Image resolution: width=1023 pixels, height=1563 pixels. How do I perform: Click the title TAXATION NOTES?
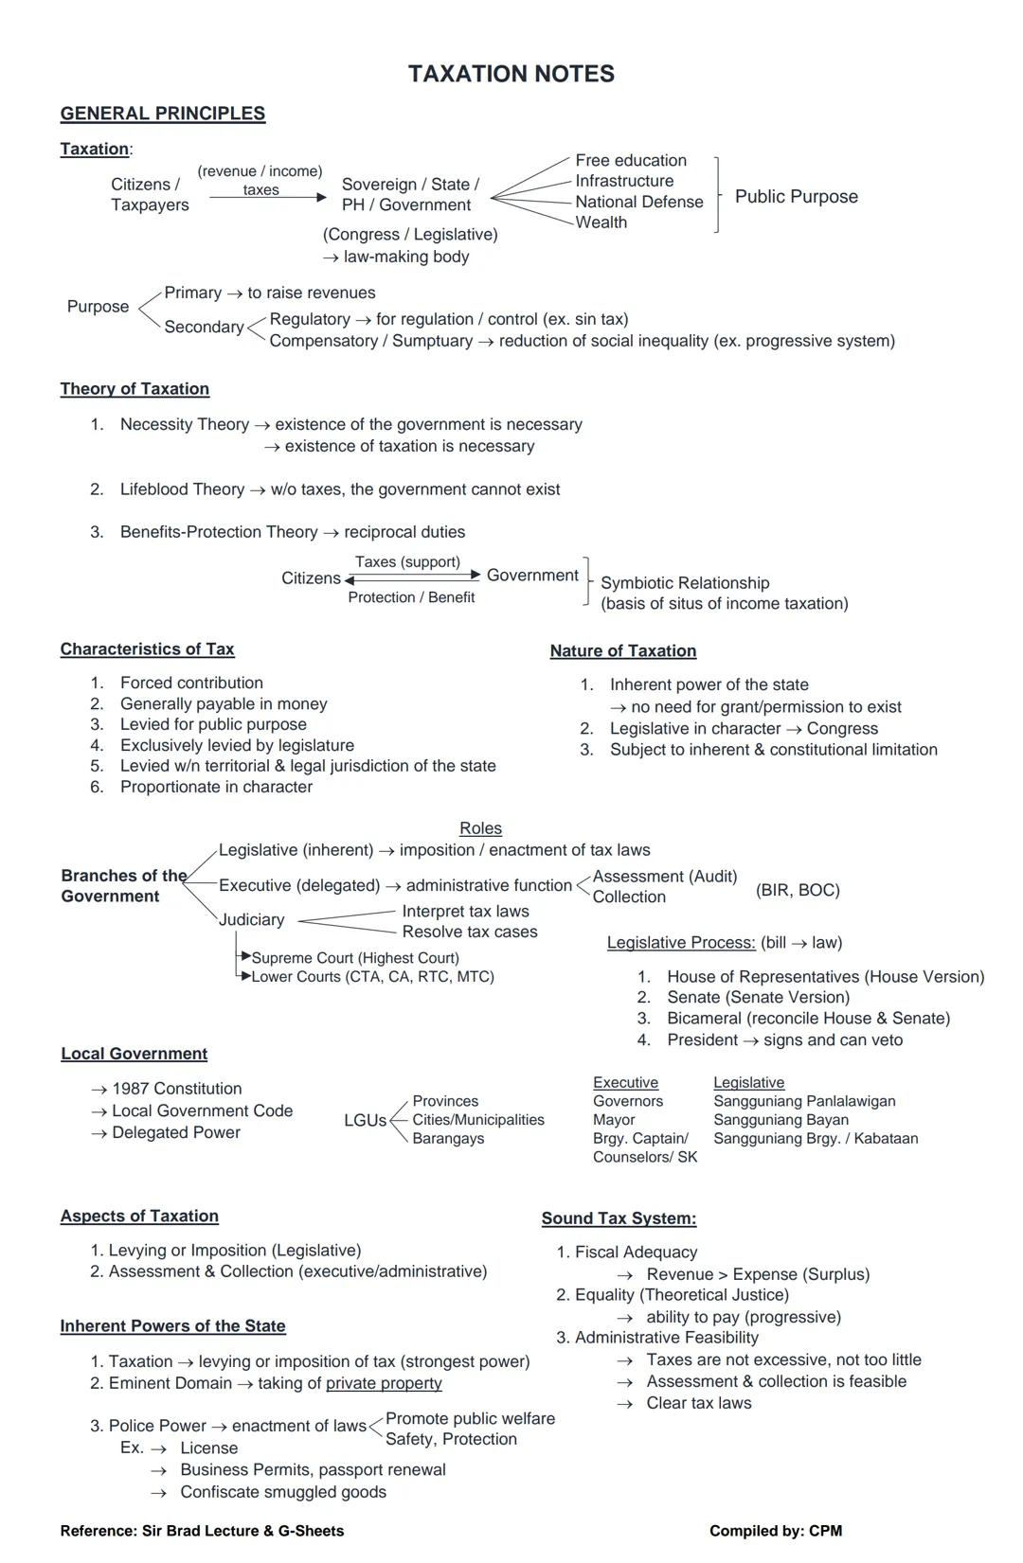[511, 74]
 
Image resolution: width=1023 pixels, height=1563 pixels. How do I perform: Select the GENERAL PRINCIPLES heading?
[162, 114]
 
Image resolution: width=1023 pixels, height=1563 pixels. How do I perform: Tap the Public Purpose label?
[796, 197]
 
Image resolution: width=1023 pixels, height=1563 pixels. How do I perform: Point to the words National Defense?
[639, 202]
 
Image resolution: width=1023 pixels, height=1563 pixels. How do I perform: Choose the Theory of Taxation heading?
[135, 389]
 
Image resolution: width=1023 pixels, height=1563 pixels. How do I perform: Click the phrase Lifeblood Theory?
[182, 489]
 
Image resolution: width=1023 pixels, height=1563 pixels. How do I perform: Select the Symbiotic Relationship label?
[685, 583]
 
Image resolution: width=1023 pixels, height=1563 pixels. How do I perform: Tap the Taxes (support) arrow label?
[407, 562]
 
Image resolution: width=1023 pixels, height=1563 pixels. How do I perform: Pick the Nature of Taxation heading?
[623, 651]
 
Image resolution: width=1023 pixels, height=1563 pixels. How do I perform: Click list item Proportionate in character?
[216, 787]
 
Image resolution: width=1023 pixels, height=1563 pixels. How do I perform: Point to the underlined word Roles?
[480, 828]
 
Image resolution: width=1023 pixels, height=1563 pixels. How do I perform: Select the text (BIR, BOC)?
[798, 890]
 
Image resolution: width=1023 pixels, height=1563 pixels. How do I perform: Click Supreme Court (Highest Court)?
[355, 958]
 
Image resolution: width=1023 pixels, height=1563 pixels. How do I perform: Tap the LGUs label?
[365, 1120]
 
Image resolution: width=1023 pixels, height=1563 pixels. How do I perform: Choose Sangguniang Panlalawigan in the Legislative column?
[804, 1101]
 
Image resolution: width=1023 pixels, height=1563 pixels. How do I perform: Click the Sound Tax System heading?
[619, 1218]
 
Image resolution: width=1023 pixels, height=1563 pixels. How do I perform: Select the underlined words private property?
[384, 1383]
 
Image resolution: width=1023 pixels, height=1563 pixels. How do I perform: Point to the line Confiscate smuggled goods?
[283, 1492]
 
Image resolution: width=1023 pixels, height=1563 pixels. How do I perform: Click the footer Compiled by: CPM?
[775, 1531]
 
